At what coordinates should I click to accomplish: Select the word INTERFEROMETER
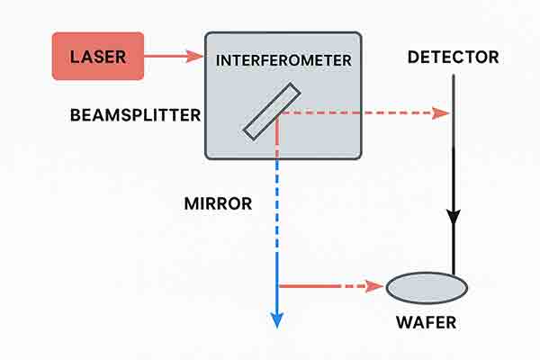(x=283, y=60)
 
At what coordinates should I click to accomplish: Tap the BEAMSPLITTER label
(x=135, y=115)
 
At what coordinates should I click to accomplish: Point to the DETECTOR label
(x=453, y=58)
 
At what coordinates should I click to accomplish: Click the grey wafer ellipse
(x=427, y=287)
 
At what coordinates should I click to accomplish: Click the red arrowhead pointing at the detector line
(x=441, y=113)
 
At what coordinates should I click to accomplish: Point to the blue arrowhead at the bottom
(x=277, y=319)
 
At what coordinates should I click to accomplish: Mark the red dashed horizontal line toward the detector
(x=360, y=113)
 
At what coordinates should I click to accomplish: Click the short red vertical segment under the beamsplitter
(x=277, y=130)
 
